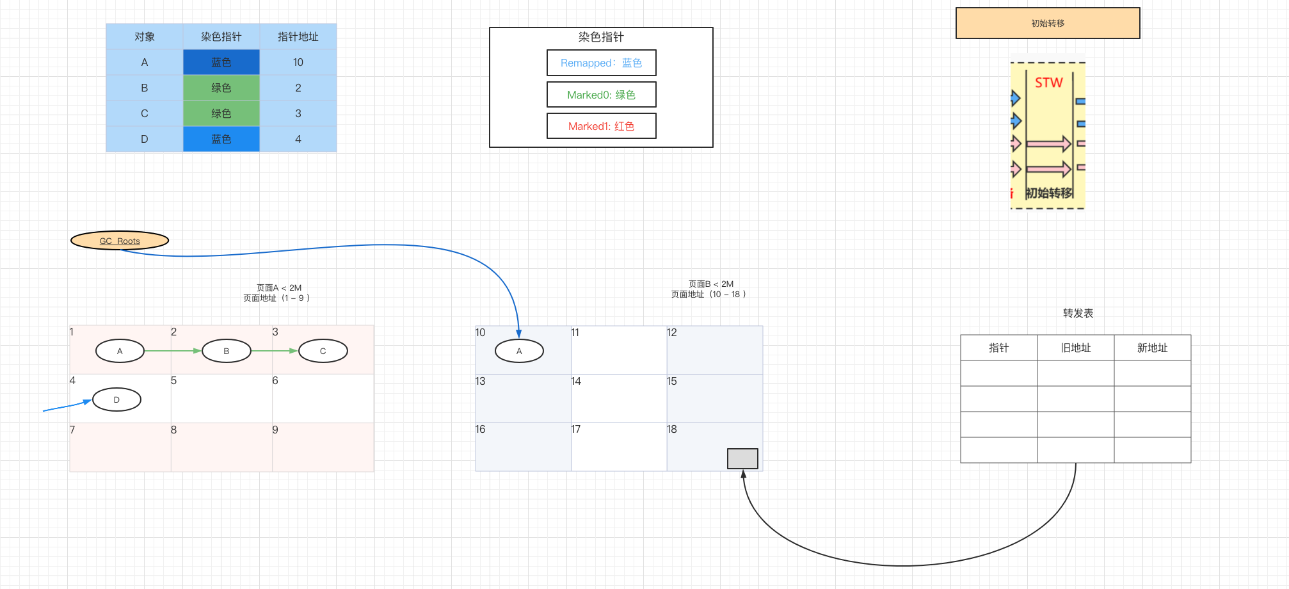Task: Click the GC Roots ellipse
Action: [120, 241]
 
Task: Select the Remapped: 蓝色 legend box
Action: [601, 63]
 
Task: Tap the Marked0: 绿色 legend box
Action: [601, 95]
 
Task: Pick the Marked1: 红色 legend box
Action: [601, 126]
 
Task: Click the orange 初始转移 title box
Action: [1047, 23]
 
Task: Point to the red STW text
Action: [1048, 83]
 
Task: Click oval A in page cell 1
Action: [120, 351]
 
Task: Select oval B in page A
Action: [226, 351]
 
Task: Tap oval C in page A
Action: [323, 351]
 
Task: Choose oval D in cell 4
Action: [116, 399]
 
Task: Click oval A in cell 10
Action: [519, 351]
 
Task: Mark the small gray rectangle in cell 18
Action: [742, 458]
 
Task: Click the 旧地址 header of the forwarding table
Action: [1075, 348]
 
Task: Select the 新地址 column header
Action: [1152, 348]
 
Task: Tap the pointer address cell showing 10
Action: [298, 62]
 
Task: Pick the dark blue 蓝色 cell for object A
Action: [221, 62]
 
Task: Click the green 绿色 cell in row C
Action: [221, 113]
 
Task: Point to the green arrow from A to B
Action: [173, 351]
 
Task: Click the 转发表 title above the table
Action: [1078, 313]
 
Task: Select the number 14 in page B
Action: [576, 381]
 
